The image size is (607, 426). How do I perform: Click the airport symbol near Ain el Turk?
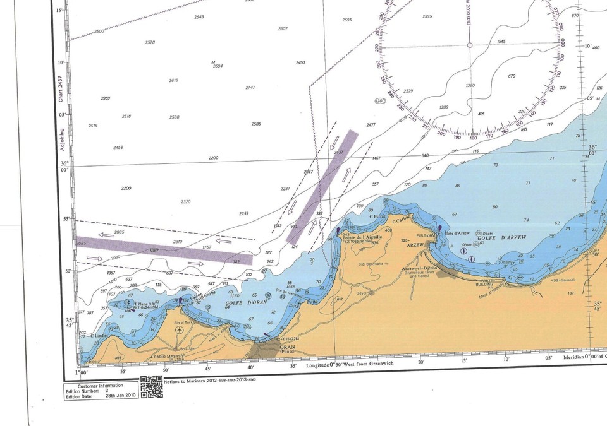point(180,329)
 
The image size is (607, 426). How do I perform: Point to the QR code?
point(151,386)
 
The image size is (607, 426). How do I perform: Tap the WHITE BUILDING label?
point(490,282)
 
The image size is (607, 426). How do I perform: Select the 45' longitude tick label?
point(208,369)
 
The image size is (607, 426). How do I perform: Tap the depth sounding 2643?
point(199,17)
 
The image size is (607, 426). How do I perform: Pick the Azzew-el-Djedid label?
point(417,268)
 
